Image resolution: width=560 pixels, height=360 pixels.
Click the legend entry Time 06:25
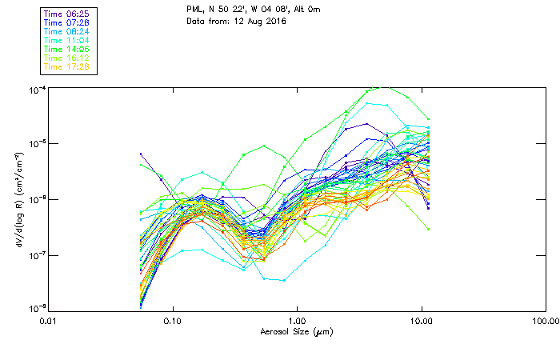(x=67, y=14)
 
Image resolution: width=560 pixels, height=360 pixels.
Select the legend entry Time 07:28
(x=67, y=23)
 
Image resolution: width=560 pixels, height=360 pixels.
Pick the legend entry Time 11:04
(x=67, y=41)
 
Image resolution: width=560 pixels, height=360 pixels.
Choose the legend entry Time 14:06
(x=67, y=50)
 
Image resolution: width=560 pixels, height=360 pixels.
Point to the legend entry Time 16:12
(x=67, y=58)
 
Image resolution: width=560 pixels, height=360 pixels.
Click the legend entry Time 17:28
(x=67, y=67)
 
